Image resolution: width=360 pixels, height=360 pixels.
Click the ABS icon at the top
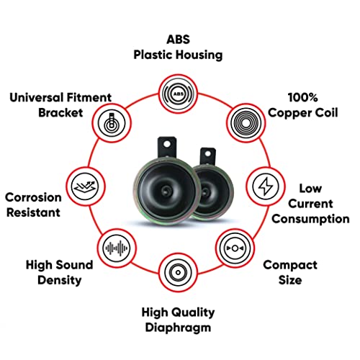[178, 94]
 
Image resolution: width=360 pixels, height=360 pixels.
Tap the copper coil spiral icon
[246, 123]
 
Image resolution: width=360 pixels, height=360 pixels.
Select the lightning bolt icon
[266, 186]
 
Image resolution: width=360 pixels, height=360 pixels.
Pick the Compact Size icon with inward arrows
[235, 248]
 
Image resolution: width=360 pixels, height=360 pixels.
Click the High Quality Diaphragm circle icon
[178, 272]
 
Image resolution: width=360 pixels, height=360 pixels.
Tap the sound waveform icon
[117, 248]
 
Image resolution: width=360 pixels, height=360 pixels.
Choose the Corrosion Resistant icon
[85, 186]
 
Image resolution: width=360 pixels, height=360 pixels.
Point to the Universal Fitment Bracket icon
[112, 123]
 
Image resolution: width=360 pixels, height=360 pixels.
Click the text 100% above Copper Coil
[303, 97]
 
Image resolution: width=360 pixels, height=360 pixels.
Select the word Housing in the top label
[199, 55]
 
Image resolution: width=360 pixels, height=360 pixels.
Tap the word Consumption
[310, 219]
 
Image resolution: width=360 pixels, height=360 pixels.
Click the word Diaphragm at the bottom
[178, 328]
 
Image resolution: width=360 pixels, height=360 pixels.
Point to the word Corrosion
[33, 197]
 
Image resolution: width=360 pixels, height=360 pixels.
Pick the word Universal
[36, 97]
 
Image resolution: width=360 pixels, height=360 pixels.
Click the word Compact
[290, 266]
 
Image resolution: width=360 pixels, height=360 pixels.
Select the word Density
[60, 280]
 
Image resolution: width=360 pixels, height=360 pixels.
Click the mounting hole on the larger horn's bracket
[167, 145]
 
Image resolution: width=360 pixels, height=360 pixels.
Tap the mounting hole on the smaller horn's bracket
[208, 153]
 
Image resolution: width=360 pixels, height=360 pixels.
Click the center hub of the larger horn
[166, 190]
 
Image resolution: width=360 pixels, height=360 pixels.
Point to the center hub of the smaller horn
[205, 192]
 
